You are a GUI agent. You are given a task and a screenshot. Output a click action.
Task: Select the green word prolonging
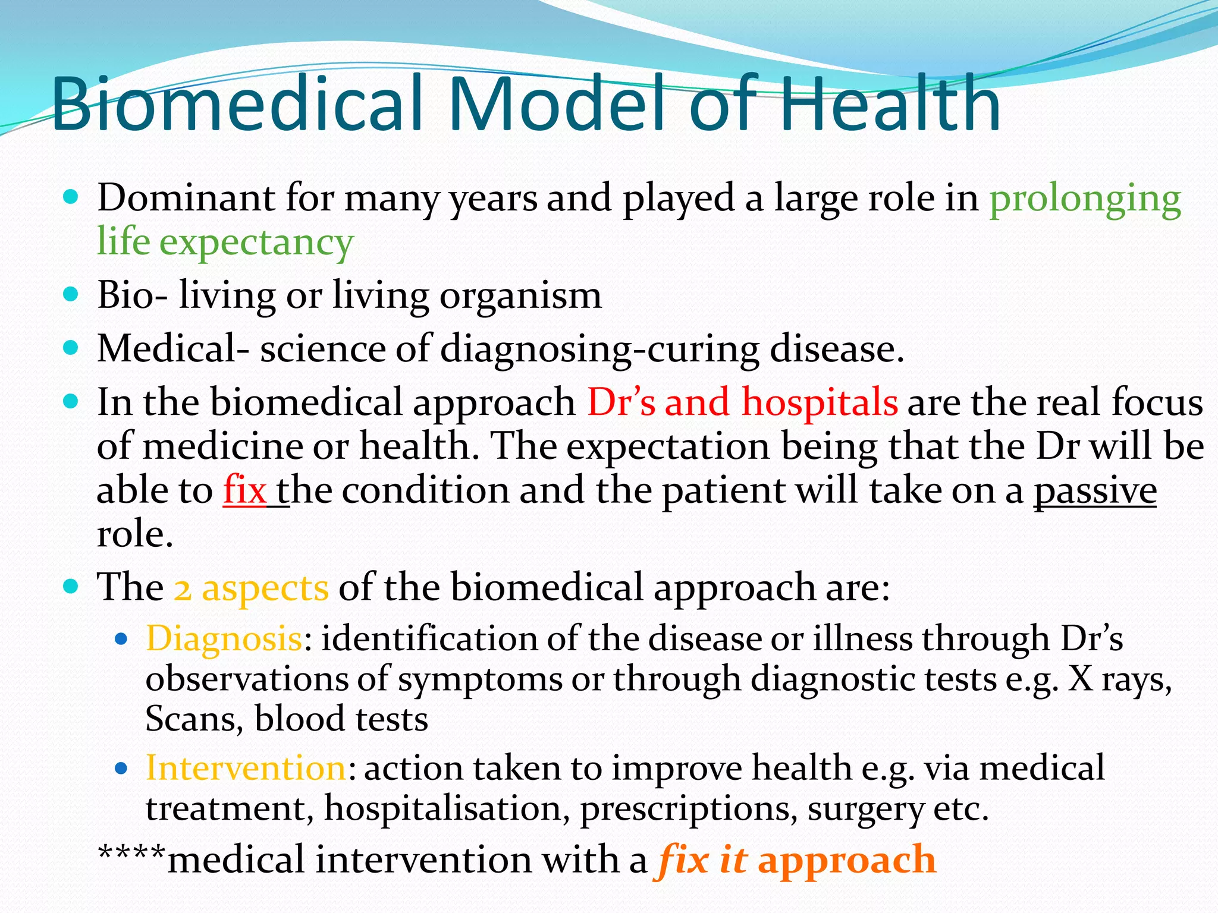[x=1085, y=200]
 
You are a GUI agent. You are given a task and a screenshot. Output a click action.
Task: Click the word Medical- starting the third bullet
[x=173, y=349]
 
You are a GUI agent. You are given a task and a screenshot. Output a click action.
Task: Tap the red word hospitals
[x=820, y=402]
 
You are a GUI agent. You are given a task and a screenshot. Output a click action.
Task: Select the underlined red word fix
[x=244, y=491]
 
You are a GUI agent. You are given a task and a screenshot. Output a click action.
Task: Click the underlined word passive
[x=1095, y=492]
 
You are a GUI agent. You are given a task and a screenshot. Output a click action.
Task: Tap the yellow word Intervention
[x=246, y=768]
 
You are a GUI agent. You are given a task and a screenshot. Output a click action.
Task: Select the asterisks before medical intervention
[x=131, y=854]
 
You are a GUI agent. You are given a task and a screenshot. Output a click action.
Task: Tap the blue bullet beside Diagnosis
[x=121, y=640]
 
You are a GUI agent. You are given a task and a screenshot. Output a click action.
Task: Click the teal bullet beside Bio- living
[x=71, y=294]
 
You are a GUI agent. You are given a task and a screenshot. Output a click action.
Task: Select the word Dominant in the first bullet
[x=186, y=199]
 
